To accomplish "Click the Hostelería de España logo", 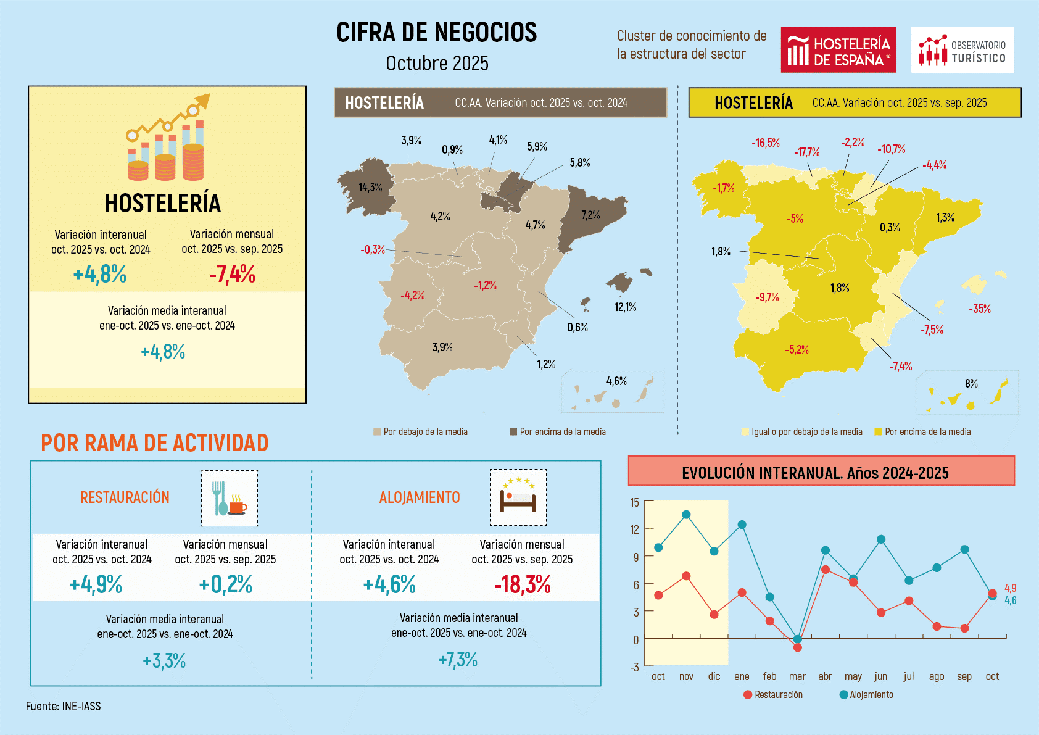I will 838,50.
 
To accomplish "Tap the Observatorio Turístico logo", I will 962,50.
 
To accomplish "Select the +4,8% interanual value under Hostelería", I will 100,273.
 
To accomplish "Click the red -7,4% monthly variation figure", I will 232,273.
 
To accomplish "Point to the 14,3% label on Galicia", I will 370,187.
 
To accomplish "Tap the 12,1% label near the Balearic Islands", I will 625,307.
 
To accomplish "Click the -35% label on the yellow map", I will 979,309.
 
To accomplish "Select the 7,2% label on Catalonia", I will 590,215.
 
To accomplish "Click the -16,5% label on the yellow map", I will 765,143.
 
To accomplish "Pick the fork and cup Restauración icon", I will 229,498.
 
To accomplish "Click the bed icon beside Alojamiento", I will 518,497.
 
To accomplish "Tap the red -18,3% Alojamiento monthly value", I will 522,584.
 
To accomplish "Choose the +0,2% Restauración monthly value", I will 225,584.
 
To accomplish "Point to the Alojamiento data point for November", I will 686,515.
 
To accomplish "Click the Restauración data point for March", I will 797,647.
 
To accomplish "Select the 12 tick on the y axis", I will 634,529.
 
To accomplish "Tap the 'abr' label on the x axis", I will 825,676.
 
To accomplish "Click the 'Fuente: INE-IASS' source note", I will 63,706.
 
